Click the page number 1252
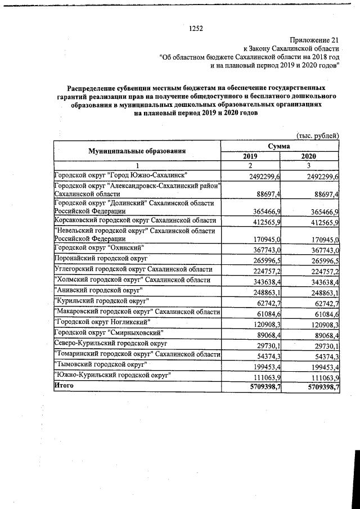pos(196,28)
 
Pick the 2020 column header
pos(310,156)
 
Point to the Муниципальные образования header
pos(137,151)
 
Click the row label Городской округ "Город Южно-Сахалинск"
pos(120,175)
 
